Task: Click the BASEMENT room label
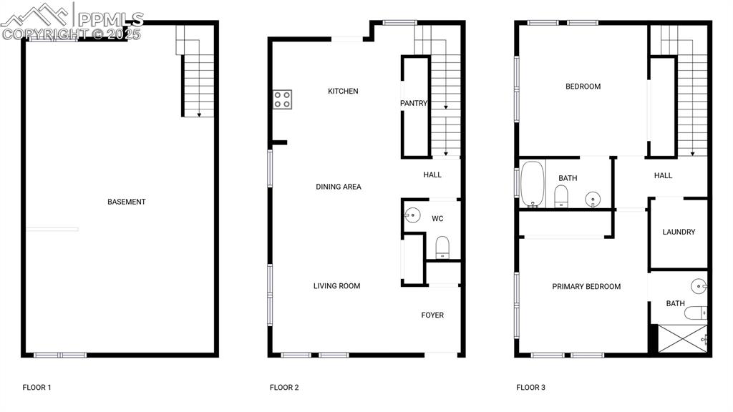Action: click(127, 202)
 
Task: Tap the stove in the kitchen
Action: click(282, 99)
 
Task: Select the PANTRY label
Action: click(413, 104)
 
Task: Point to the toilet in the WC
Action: click(442, 247)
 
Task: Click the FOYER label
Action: click(432, 315)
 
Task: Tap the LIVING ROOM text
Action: click(336, 286)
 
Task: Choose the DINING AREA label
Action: click(339, 187)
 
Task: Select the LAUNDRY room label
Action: click(679, 232)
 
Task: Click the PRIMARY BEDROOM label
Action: click(586, 287)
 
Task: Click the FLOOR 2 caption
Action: click(284, 388)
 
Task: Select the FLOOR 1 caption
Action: click(37, 388)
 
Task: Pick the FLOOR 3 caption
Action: click(531, 388)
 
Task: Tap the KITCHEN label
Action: click(343, 92)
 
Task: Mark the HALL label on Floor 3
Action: click(664, 175)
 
